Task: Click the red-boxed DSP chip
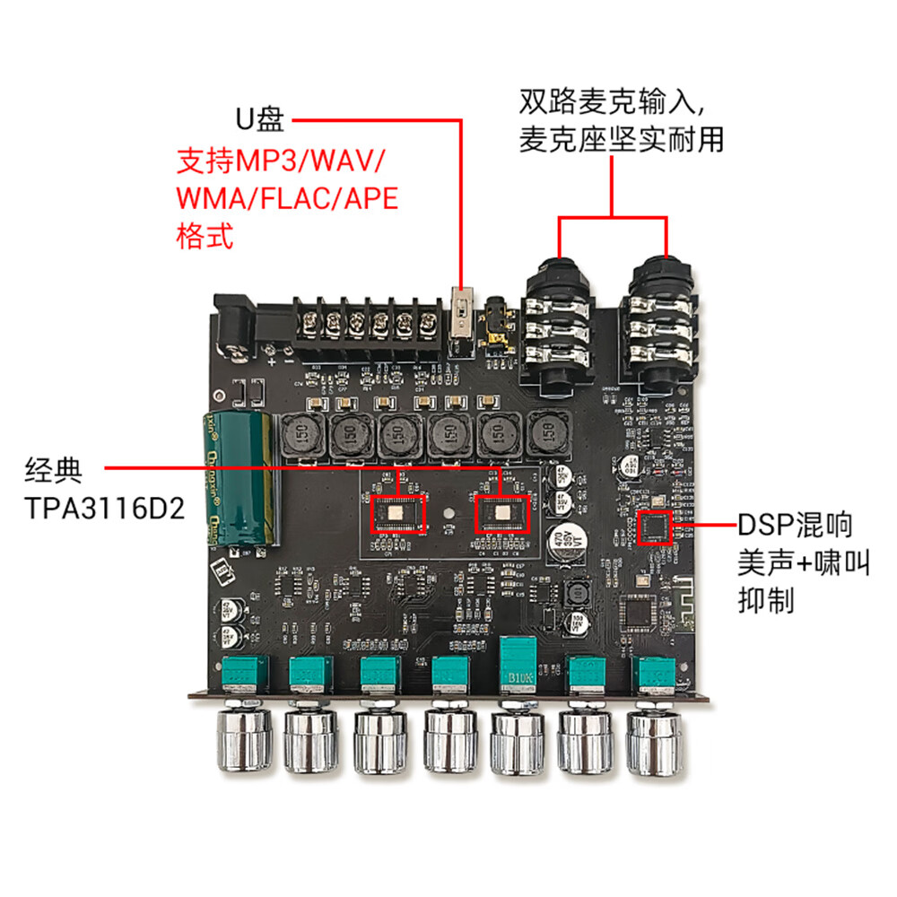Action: point(655,527)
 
